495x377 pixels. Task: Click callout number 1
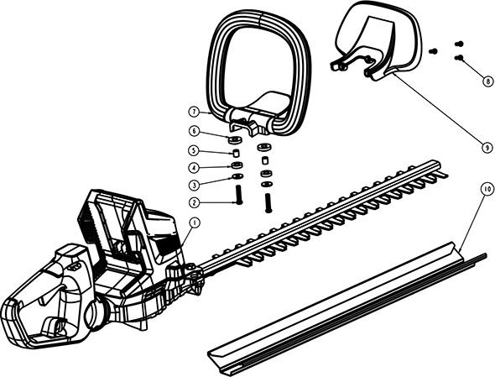pos(195,223)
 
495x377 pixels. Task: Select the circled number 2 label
pos(195,202)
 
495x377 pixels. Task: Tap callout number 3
pos(195,185)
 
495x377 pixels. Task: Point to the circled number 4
pos(195,167)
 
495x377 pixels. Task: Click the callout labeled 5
pos(195,150)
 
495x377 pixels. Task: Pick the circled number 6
pos(195,131)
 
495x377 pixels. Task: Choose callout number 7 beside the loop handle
pos(195,112)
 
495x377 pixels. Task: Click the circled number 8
pos(487,81)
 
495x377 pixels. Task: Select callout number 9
pos(487,148)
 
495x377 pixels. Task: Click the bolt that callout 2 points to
pos(238,196)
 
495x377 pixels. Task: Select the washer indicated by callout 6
pos(235,139)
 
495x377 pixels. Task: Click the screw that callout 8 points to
pos(459,57)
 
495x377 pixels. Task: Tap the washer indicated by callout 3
pos(237,176)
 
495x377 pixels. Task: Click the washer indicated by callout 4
pos(237,165)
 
